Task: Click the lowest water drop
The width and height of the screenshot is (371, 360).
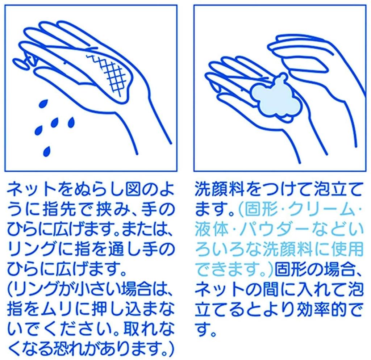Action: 46,151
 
